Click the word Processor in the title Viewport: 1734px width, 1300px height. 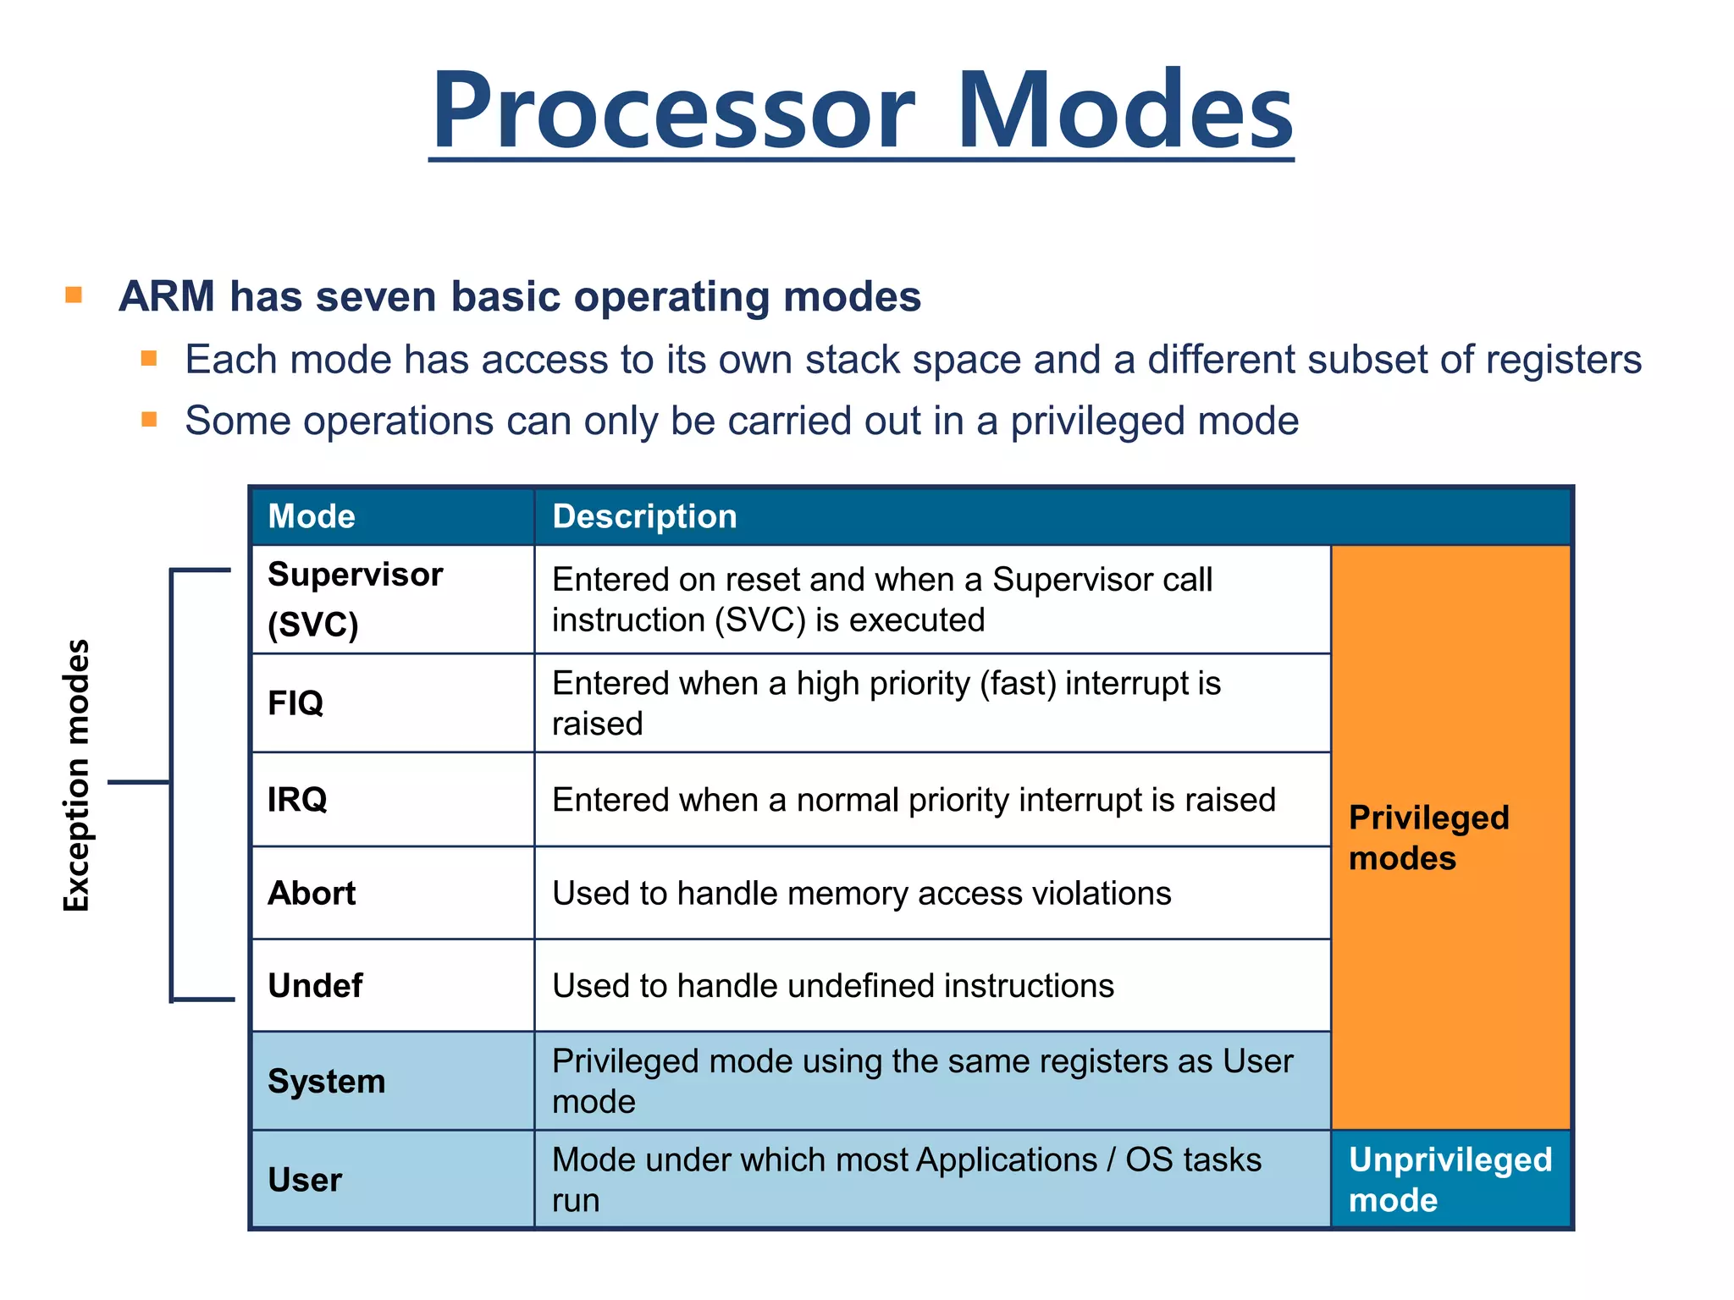[x=673, y=110]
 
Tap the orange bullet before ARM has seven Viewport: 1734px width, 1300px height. [x=74, y=295]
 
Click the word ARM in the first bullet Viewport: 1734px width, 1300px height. [x=167, y=296]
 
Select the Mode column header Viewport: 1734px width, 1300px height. [x=312, y=516]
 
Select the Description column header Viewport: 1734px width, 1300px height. [x=644, y=516]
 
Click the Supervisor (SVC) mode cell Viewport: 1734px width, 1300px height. [x=356, y=598]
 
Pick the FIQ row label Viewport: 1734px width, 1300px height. [x=295, y=702]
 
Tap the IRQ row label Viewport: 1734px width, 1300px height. [x=297, y=799]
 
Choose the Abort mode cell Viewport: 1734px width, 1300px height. [x=312, y=893]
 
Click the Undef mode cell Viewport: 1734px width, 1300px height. [x=315, y=985]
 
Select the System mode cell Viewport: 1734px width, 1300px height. [x=326, y=1081]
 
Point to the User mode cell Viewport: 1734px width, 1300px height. [x=305, y=1179]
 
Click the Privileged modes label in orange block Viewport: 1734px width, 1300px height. [x=1428, y=837]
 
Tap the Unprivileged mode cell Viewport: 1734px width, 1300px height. [x=1450, y=1179]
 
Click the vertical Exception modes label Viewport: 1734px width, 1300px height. [x=76, y=775]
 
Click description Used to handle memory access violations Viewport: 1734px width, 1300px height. [x=861, y=893]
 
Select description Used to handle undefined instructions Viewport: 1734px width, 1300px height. [x=832, y=985]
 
